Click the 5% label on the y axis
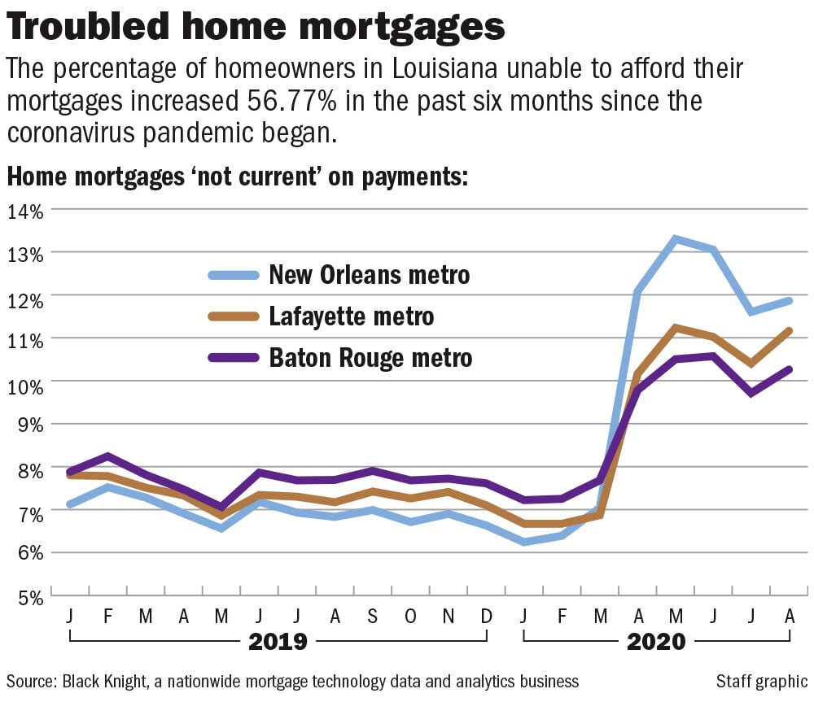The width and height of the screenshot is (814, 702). coord(30,596)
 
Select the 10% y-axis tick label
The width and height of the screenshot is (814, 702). coord(27,382)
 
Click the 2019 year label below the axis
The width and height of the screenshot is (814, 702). coord(278,642)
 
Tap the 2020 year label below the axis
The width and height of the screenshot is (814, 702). coord(656,642)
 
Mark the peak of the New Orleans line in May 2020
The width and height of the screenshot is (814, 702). coord(675,238)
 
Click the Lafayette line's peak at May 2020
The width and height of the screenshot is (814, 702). coord(675,327)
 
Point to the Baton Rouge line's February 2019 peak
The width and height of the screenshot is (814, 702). coord(107,456)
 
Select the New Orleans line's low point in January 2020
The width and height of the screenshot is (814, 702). coord(524,542)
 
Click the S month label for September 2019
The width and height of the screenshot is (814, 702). coord(372,616)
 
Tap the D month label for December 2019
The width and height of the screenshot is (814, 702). coord(486,616)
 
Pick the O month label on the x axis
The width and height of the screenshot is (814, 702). coord(410,616)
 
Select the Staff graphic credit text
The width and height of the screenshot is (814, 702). coord(761,681)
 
